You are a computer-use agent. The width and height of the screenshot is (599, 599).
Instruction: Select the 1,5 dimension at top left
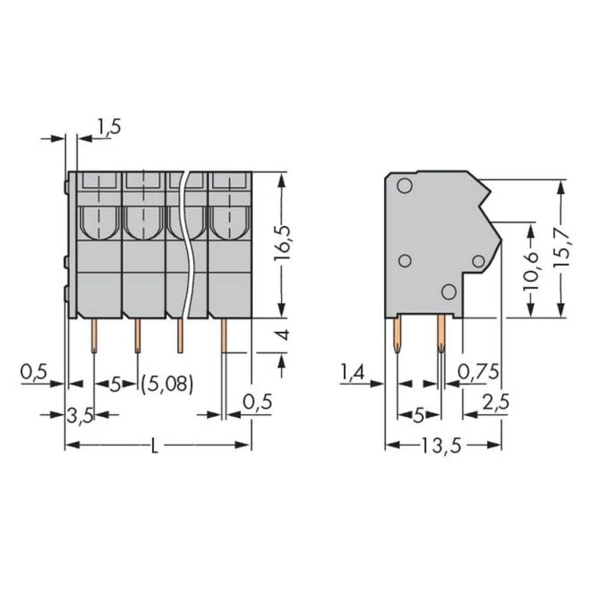[x=108, y=127]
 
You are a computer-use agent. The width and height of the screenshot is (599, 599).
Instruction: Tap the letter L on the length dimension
[x=155, y=446]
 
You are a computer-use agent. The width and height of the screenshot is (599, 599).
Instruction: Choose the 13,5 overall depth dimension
[x=443, y=446]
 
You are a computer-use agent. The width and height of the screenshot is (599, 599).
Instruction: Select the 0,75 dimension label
[x=477, y=372]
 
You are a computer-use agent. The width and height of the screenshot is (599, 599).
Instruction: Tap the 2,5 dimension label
[x=495, y=403]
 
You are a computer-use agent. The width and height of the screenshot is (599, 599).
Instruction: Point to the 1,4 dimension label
[x=353, y=372]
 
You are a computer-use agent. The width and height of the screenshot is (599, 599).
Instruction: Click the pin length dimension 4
[x=285, y=335]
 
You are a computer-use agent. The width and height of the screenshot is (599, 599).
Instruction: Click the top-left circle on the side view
[x=404, y=186]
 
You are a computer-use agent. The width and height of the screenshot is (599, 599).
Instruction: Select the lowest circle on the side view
[x=448, y=292]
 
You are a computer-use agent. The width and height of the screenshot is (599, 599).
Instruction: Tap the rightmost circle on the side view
[x=478, y=261]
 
